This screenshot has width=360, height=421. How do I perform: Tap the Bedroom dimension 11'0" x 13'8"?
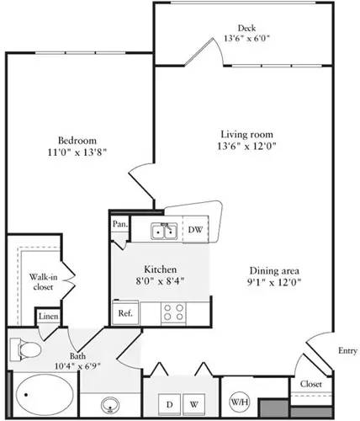click(77, 152)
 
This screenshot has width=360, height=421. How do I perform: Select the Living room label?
click(238, 135)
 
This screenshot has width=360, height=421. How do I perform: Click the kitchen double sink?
click(163, 231)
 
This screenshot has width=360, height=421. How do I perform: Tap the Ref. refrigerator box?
click(124, 312)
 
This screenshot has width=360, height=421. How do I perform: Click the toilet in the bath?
click(24, 351)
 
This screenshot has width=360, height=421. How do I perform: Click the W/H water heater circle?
click(237, 402)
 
